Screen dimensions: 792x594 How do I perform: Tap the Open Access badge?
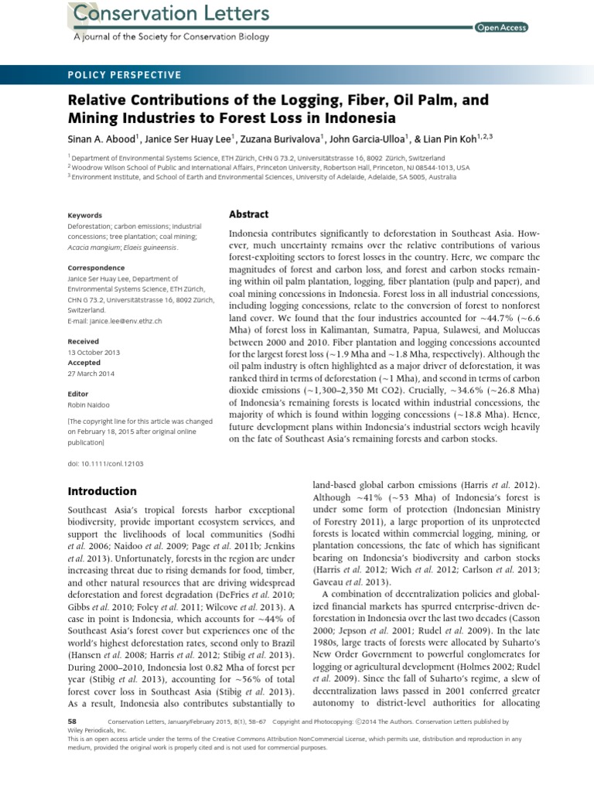(x=501, y=27)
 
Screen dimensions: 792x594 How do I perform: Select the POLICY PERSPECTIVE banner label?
(x=125, y=75)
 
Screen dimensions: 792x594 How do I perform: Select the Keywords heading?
(x=85, y=215)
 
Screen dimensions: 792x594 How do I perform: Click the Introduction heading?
(x=102, y=491)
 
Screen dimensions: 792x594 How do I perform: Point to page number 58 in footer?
(x=73, y=721)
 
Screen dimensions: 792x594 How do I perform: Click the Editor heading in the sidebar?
(x=78, y=394)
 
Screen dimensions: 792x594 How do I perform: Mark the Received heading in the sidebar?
(x=84, y=341)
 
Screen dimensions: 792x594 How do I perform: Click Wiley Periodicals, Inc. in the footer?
(x=100, y=729)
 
